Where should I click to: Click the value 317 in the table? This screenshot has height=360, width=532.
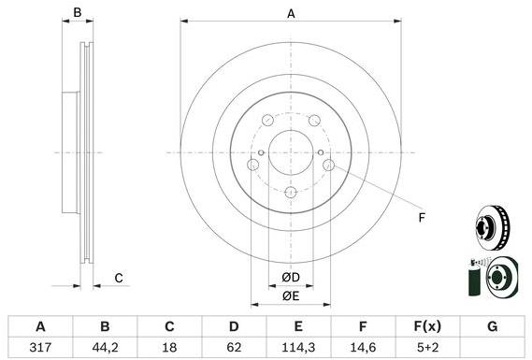(x=40, y=348)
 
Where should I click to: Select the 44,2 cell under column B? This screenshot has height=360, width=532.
(x=105, y=348)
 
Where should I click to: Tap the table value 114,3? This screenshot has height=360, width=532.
(x=298, y=348)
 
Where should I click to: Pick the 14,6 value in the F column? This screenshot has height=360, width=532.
(x=363, y=348)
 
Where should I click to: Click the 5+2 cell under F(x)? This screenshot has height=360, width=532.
(x=427, y=348)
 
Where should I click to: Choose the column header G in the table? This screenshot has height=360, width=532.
(x=493, y=326)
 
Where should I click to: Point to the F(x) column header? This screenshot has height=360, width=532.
(x=427, y=326)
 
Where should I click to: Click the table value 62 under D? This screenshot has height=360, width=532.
(x=234, y=348)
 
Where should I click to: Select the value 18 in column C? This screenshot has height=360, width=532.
(x=169, y=348)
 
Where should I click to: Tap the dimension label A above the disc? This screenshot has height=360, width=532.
(x=291, y=14)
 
